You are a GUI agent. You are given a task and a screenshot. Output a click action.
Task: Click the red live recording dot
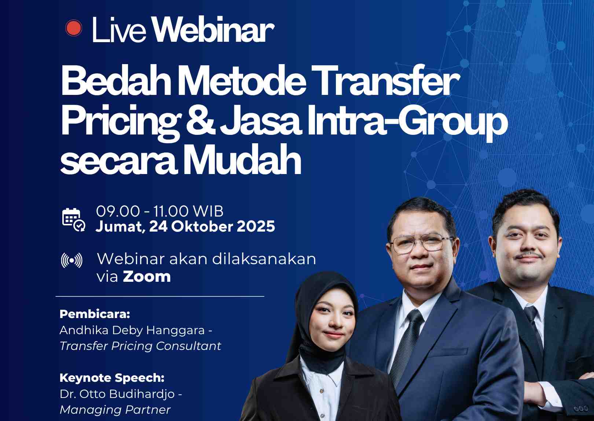pyautogui.click(x=73, y=28)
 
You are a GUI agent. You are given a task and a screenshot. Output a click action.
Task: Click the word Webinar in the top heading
pyautogui.click(x=213, y=29)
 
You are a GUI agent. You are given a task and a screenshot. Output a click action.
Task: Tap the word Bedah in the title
pyautogui.click(x=116, y=80)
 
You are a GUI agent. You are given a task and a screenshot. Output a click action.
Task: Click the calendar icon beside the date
pyautogui.click(x=73, y=220)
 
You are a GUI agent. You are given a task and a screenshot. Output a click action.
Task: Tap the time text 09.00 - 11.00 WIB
pyautogui.click(x=159, y=211)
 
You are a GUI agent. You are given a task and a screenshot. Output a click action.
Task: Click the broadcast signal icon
pyautogui.click(x=71, y=261)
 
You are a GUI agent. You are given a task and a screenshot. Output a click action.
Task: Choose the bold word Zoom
pyautogui.click(x=147, y=277)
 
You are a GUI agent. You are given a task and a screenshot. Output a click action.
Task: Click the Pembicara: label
pyautogui.click(x=95, y=314)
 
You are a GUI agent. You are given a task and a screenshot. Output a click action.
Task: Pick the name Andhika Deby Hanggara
pyautogui.click(x=132, y=330)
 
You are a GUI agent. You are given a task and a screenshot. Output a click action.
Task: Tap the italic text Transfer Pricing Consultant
pyautogui.click(x=140, y=346)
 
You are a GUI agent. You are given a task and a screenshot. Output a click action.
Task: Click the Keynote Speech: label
pyautogui.click(x=112, y=378)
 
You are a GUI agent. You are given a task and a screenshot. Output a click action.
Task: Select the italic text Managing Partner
pyautogui.click(x=115, y=410)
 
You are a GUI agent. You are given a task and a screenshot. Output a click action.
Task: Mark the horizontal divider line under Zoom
pyautogui.click(x=160, y=296)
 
